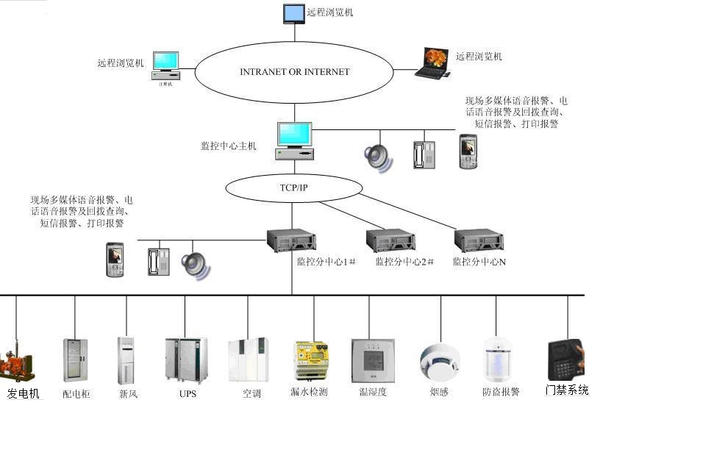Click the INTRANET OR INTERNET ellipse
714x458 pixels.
pyautogui.click(x=294, y=72)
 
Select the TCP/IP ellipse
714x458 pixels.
pyautogui.click(x=294, y=188)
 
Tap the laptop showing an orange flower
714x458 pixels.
pyautogui.click(x=432, y=62)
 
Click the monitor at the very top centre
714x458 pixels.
pyautogui.click(x=294, y=13)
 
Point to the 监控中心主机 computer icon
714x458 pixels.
pyautogui.click(x=294, y=140)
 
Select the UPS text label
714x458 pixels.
pyautogui.click(x=188, y=394)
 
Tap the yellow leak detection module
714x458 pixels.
pyautogui.click(x=312, y=359)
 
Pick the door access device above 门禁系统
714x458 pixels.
pyautogui.click(x=566, y=359)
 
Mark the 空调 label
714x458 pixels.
pyautogui.click(x=251, y=394)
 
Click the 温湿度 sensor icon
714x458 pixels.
pyautogui.click(x=373, y=360)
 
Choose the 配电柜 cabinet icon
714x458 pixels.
pyautogui.click(x=75, y=360)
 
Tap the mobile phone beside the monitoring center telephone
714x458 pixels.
pyautogui.click(x=468, y=151)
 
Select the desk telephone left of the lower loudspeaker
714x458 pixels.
pyautogui.click(x=158, y=262)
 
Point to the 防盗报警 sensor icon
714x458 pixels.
pyautogui.click(x=497, y=359)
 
